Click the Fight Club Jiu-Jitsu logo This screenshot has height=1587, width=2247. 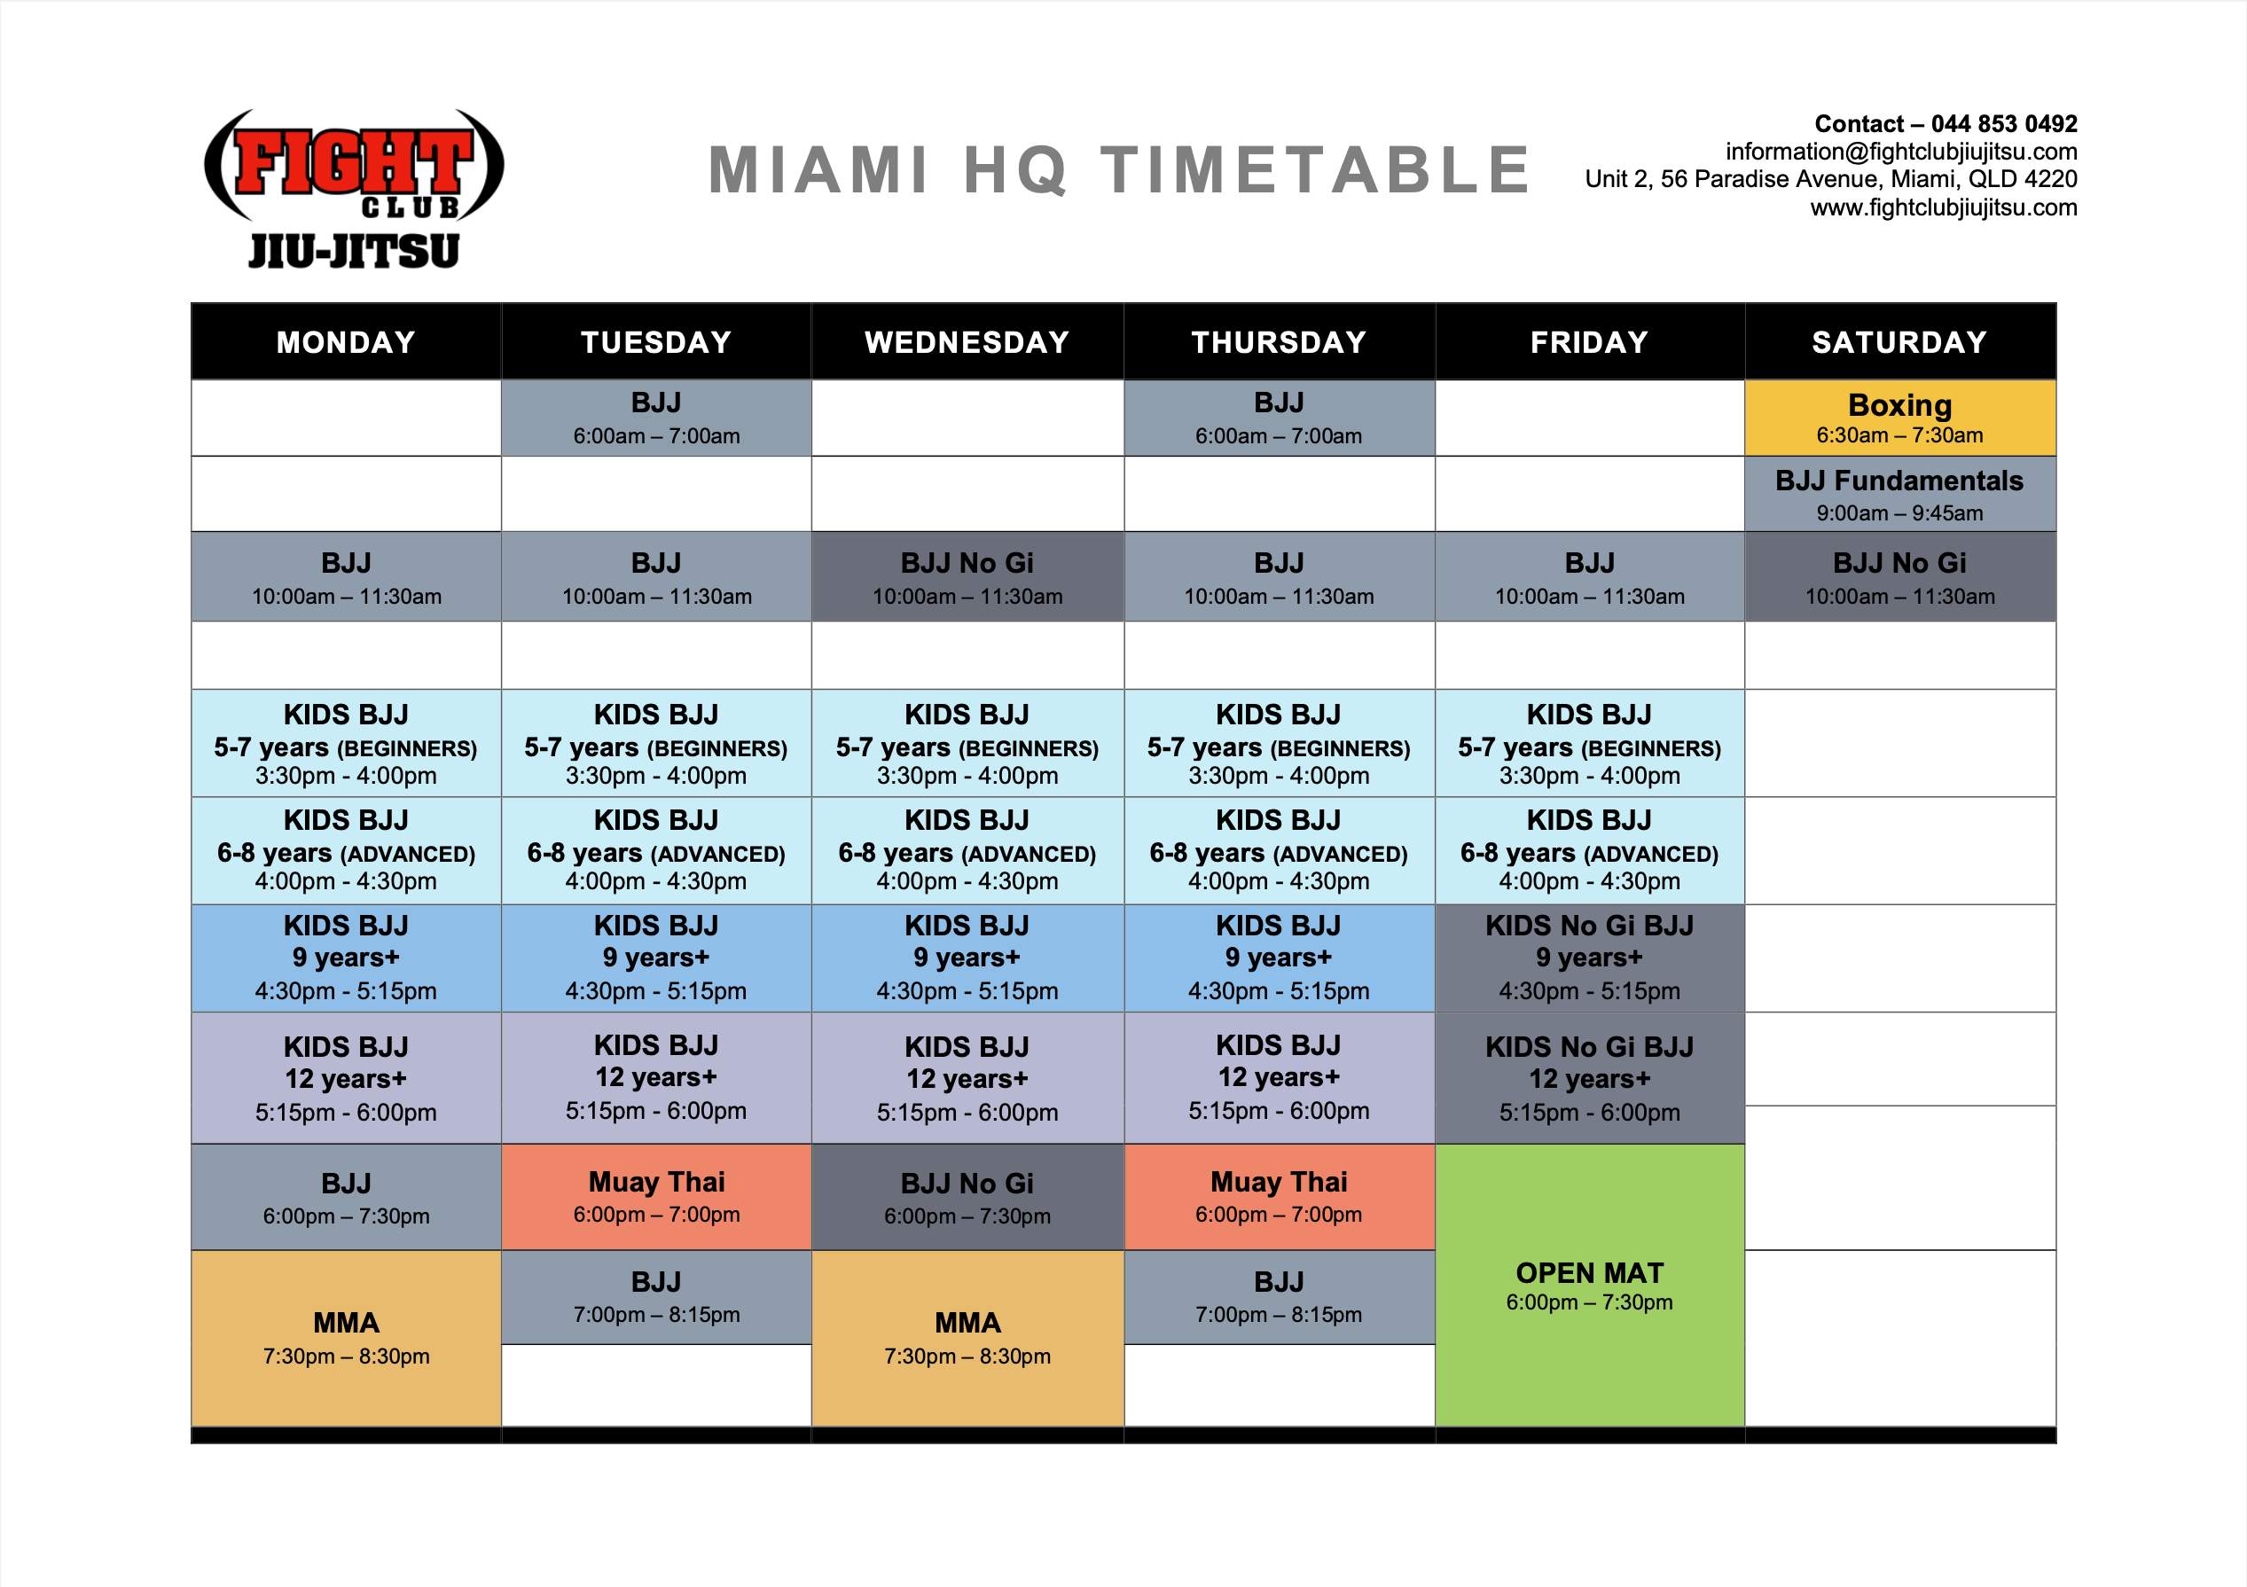(x=353, y=188)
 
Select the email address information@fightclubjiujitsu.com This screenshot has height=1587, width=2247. (x=1900, y=152)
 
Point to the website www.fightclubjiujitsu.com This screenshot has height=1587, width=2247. (x=1943, y=207)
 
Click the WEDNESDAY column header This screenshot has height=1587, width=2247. (x=967, y=341)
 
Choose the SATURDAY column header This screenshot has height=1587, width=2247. (x=1899, y=341)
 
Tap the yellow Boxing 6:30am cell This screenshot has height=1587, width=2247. (x=1899, y=418)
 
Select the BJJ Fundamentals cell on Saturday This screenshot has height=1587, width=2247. (x=1899, y=494)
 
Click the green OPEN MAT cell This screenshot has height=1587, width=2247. (x=1589, y=1285)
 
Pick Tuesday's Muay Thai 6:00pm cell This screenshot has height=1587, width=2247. (x=657, y=1197)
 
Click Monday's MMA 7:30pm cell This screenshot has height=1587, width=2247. (x=347, y=1338)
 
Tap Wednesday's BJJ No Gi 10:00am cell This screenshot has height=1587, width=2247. (x=967, y=576)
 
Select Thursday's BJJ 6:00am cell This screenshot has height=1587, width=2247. (x=1279, y=418)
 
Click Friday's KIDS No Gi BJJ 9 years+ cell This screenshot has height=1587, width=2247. (x=1589, y=958)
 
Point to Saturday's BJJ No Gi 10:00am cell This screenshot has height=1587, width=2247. (x=1899, y=576)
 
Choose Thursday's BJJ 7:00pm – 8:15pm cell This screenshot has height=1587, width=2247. (x=1279, y=1296)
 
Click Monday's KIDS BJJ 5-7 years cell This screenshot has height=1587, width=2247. (x=347, y=744)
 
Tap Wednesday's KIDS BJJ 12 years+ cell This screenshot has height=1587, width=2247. (x=967, y=1078)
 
